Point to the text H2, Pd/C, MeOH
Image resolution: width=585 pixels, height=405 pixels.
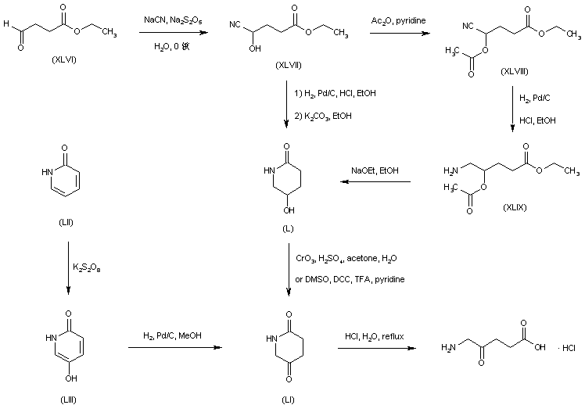171,335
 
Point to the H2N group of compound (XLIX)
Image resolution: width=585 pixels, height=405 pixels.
451,170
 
